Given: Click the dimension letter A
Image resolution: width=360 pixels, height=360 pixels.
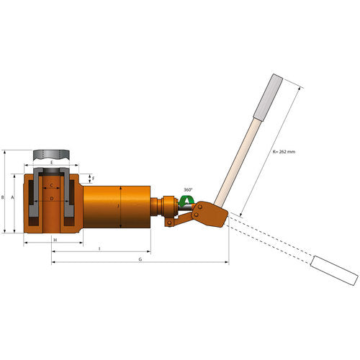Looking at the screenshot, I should (13, 204).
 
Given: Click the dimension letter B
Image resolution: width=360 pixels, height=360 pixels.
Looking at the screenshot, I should (4, 196).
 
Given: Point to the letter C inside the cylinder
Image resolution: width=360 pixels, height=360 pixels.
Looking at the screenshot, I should (51, 186).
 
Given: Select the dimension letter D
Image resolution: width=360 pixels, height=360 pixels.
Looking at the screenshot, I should (51, 198).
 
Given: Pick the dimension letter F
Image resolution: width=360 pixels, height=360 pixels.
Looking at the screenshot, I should (92, 177).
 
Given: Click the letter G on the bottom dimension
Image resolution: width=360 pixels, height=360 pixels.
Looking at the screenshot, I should (140, 258).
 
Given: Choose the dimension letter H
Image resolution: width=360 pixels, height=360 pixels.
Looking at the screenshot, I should (55, 239).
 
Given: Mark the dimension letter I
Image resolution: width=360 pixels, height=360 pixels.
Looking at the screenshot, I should (99, 248).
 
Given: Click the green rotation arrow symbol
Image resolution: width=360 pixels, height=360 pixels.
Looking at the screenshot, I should (186, 202).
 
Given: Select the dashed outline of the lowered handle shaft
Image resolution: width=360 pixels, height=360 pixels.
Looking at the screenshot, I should (270, 241).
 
